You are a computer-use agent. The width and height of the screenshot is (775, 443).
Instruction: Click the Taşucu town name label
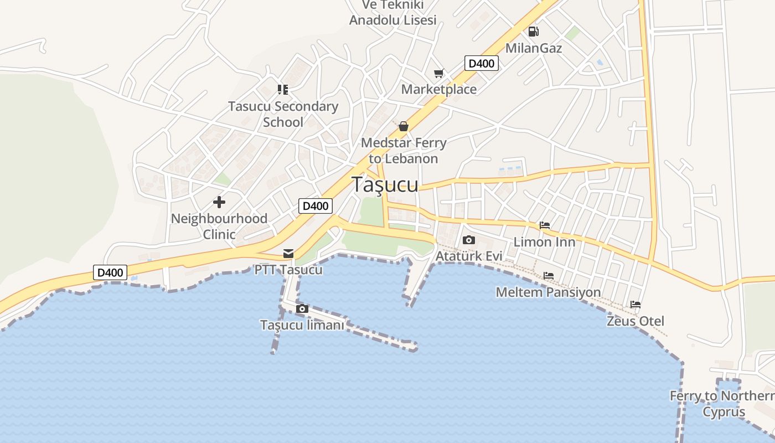[385, 184]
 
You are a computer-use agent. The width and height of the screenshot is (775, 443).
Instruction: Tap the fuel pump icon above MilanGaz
[533, 32]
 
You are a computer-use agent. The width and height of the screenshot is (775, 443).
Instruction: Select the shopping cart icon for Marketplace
[439, 73]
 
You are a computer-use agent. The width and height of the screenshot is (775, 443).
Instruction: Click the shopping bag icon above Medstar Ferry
[404, 127]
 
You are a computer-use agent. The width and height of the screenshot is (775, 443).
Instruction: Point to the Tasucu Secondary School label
[283, 114]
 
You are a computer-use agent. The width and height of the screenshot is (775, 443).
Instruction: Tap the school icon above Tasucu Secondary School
[283, 89]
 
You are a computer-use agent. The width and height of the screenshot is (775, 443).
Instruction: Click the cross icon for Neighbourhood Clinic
[219, 202]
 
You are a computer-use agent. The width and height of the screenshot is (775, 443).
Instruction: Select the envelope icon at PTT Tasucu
[288, 253]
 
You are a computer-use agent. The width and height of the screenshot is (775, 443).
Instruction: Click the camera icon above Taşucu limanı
[302, 308]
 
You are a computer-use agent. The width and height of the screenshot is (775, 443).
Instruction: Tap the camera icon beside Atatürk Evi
[469, 240]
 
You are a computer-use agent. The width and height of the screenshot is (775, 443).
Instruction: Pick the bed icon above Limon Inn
[545, 225]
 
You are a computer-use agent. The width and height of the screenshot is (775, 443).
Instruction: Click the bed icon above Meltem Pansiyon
[549, 275]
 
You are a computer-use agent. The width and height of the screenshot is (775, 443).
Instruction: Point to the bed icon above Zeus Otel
[635, 305]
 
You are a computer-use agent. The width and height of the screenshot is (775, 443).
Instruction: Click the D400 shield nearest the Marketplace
[481, 63]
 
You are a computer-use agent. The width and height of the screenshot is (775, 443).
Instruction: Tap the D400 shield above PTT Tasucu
[316, 206]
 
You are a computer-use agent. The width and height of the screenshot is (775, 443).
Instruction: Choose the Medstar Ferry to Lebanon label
[404, 151]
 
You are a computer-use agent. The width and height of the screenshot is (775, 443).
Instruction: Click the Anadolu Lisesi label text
[393, 20]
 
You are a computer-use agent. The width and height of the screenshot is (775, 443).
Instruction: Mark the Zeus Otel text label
[635, 321]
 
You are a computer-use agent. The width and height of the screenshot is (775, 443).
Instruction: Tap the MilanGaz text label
[534, 48]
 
